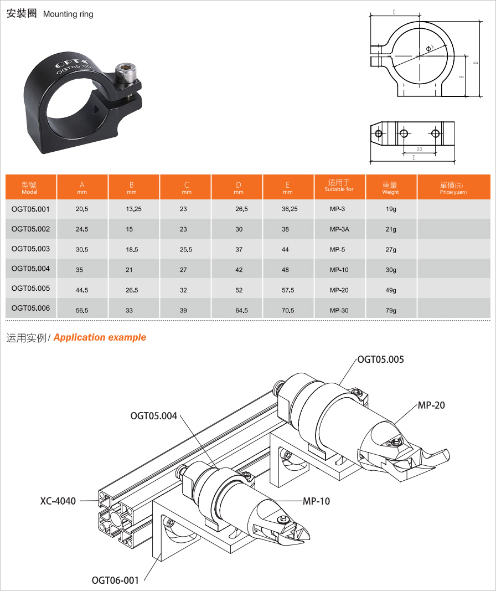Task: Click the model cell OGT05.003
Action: [30, 249]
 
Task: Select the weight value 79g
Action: [391, 311]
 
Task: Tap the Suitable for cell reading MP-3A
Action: [339, 229]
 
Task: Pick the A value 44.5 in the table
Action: [82, 290]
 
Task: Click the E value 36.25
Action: [290, 209]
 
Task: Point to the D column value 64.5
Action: [241, 311]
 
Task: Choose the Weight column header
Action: [390, 187]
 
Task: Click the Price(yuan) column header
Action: [453, 187]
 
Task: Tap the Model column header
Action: [29, 187]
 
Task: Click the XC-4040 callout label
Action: [58, 501]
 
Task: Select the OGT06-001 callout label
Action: [115, 580]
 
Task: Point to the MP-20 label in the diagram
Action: [431, 405]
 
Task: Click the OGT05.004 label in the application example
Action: [154, 416]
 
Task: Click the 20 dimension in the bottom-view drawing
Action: [420, 149]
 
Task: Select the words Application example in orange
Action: [100, 337]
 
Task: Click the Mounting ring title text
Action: [68, 14]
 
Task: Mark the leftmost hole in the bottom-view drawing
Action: [379, 133]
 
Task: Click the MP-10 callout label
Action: [316, 501]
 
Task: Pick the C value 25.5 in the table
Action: [186, 249]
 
